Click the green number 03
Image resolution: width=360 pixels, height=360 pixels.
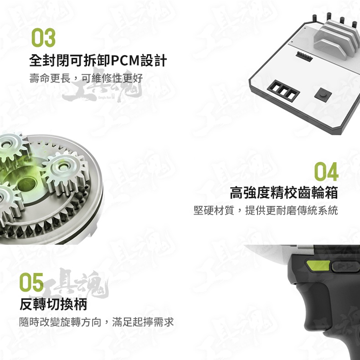43,37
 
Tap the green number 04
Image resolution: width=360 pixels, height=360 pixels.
326,171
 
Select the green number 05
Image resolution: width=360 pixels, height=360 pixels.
31,282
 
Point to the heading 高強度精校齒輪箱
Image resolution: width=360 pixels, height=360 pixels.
284,192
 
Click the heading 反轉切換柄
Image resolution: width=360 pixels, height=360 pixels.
53,304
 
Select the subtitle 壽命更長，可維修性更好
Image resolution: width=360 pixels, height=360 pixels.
86,78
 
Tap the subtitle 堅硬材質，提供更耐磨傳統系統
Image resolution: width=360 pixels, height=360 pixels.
266,211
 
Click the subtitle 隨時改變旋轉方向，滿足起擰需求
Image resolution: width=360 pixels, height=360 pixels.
97,322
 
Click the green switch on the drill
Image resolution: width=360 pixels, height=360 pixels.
319,265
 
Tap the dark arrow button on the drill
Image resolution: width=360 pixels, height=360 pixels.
345,267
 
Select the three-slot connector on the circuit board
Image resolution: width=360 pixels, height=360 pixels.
283,90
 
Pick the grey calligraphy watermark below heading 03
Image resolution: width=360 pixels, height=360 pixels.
102,89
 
